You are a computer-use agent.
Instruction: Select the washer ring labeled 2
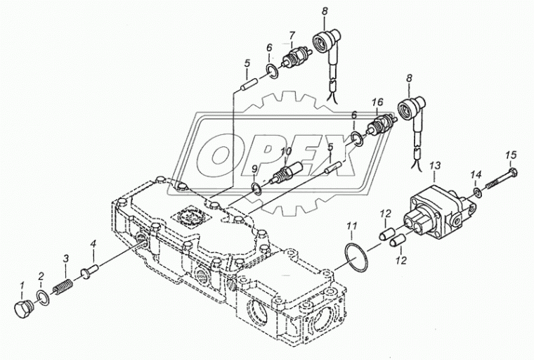[x=44, y=297]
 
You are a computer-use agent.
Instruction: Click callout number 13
[x=435, y=165]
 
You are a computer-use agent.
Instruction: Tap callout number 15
[x=511, y=154]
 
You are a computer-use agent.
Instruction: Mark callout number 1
[x=22, y=285]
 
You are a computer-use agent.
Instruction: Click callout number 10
[x=285, y=151]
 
